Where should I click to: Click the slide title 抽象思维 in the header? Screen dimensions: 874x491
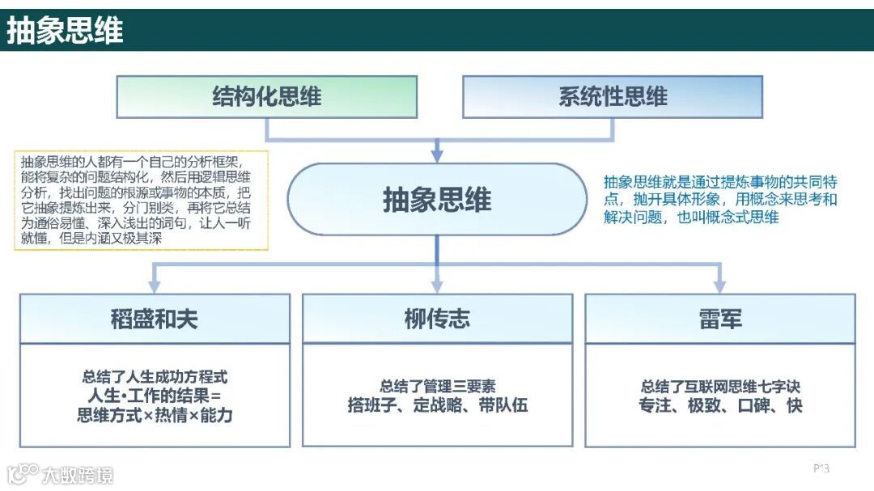point(65,31)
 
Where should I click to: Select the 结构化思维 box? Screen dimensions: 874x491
point(267,97)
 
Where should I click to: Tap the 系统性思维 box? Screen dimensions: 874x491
point(613,97)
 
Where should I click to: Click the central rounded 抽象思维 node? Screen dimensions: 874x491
point(437,199)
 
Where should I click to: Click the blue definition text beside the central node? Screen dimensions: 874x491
point(720,199)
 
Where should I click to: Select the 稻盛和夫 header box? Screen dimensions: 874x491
point(155,319)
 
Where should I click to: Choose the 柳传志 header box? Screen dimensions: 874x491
point(437,319)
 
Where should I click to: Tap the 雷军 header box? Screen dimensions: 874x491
point(719,319)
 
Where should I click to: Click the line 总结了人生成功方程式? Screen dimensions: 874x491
point(155,376)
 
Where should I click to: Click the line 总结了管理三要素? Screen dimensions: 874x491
point(437,387)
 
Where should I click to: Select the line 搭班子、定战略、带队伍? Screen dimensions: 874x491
point(437,405)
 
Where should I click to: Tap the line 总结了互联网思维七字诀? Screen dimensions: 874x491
point(719,387)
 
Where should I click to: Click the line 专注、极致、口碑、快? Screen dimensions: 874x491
point(719,405)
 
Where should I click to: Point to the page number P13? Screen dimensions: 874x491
point(821,468)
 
